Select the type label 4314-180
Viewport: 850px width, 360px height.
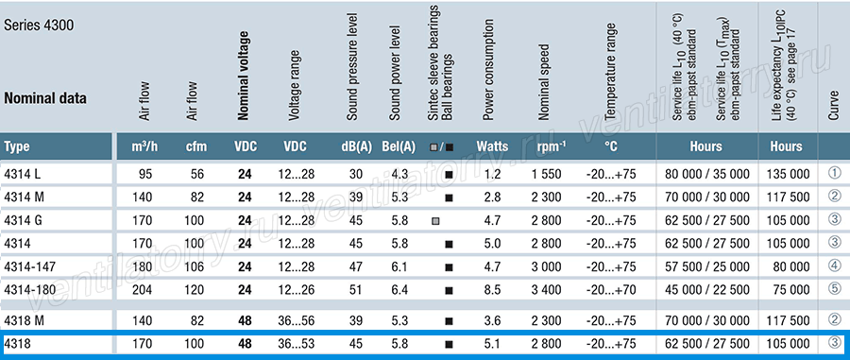point(30,290)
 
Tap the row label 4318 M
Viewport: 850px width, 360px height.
point(23,320)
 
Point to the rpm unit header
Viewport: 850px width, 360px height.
point(552,146)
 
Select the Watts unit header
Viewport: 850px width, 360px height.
point(492,146)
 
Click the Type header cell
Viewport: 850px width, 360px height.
point(17,146)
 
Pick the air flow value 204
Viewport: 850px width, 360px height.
point(144,290)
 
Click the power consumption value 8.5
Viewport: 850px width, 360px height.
point(493,290)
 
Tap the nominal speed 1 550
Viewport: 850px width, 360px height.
point(547,174)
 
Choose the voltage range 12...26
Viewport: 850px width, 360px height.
point(295,290)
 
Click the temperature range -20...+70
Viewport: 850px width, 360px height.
point(611,290)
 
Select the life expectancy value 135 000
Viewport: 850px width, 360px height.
point(789,174)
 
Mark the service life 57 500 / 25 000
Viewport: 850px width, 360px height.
point(705,266)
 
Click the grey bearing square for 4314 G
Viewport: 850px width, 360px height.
point(435,221)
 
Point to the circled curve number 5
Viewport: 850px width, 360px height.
point(835,288)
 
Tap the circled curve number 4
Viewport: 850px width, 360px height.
point(835,266)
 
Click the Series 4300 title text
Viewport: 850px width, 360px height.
point(39,26)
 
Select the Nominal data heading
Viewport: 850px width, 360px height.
point(45,98)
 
